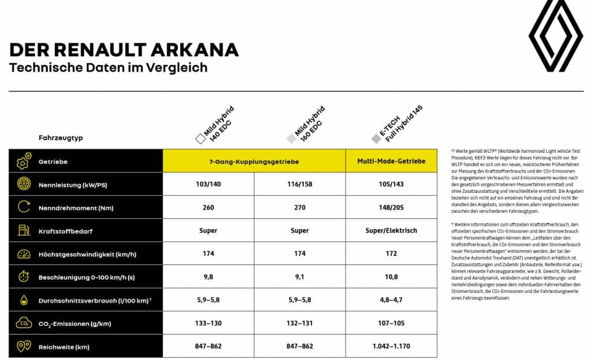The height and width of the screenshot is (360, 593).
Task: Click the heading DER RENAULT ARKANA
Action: point(124,50)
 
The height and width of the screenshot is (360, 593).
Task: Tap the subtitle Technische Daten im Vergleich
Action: point(108,68)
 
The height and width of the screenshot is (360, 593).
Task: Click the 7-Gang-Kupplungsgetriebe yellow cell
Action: point(254,161)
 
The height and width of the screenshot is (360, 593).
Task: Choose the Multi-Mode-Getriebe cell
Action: point(391,161)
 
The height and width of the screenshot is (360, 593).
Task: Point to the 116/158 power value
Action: point(299,184)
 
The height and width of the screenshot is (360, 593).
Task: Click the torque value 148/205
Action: point(391,207)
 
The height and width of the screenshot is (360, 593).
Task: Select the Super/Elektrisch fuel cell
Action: point(391,230)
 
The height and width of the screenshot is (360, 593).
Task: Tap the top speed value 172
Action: point(391,254)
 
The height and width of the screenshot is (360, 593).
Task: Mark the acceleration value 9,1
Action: point(299,277)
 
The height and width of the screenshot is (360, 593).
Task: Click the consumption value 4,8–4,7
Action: point(391,300)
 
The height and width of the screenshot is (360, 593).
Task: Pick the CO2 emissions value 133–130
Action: point(208,323)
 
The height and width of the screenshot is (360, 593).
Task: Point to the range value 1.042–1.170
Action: point(391,346)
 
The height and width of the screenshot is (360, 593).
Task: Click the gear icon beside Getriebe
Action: point(23,161)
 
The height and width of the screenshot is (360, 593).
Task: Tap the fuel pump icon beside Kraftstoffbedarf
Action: point(23,230)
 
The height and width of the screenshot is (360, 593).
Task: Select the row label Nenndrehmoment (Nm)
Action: point(73,208)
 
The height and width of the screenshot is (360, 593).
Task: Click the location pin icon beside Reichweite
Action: point(23,346)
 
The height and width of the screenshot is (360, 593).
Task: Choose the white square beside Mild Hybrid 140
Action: point(200,139)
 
